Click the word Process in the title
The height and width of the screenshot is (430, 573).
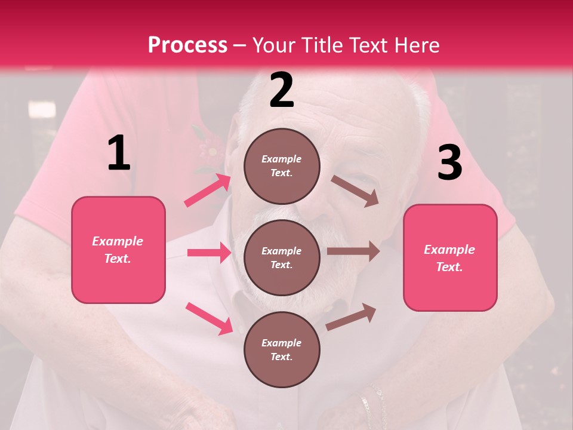coord(187,45)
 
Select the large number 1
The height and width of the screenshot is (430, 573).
coord(119,153)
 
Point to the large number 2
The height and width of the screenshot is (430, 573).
coord(282,90)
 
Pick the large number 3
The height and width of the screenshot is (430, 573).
coord(449,162)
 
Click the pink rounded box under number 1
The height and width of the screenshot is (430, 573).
coord(118,250)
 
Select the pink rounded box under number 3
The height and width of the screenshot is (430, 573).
coord(450,258)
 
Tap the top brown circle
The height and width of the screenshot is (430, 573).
coord(282,166)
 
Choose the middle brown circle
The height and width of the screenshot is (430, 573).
coord(282,257)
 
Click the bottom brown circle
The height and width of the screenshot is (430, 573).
coord(282,349)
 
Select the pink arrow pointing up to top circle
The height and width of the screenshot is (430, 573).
coord(207,191)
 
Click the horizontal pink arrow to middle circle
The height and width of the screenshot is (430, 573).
coord(209,253)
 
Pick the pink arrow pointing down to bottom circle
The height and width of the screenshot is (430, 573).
coord(210,318)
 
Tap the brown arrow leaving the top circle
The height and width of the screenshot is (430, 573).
coord(355,191)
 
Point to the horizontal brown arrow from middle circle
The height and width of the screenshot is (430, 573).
coord(353,251)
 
